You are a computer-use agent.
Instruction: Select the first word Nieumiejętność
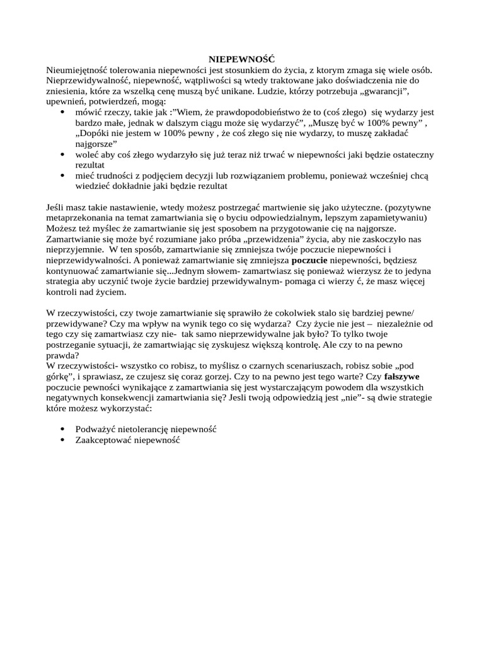click(76, 70)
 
